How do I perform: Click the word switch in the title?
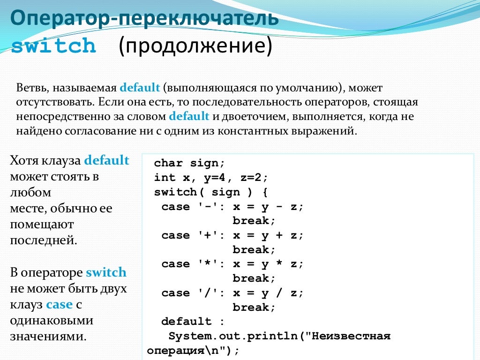53,46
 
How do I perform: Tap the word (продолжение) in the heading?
195,46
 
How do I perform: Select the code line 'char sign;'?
190,163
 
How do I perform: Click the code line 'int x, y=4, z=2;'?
211,178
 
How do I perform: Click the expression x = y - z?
268,207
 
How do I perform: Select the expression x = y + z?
268,235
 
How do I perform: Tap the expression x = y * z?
268,264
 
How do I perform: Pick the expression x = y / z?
268,293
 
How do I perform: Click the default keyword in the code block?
187,322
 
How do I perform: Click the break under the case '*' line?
254,278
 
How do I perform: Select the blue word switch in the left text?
106,272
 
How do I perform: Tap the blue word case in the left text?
59,304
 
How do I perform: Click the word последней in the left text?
43,240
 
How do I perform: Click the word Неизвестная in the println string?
351,336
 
